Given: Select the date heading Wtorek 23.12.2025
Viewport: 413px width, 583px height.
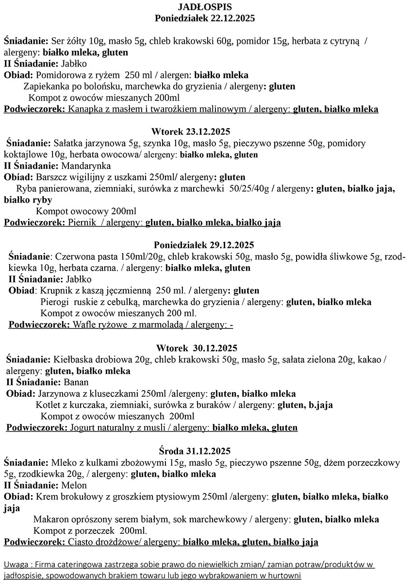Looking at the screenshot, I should pyautogui.click(x=191, y=132).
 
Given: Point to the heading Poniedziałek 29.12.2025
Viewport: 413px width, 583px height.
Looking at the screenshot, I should pyautogui.click(x=204, y=245).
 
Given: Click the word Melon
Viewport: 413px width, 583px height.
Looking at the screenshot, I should pyautogui.click(x=74, y=485).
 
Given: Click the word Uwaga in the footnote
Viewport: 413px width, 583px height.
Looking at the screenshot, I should pyautogui.click(x=15, y=565).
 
